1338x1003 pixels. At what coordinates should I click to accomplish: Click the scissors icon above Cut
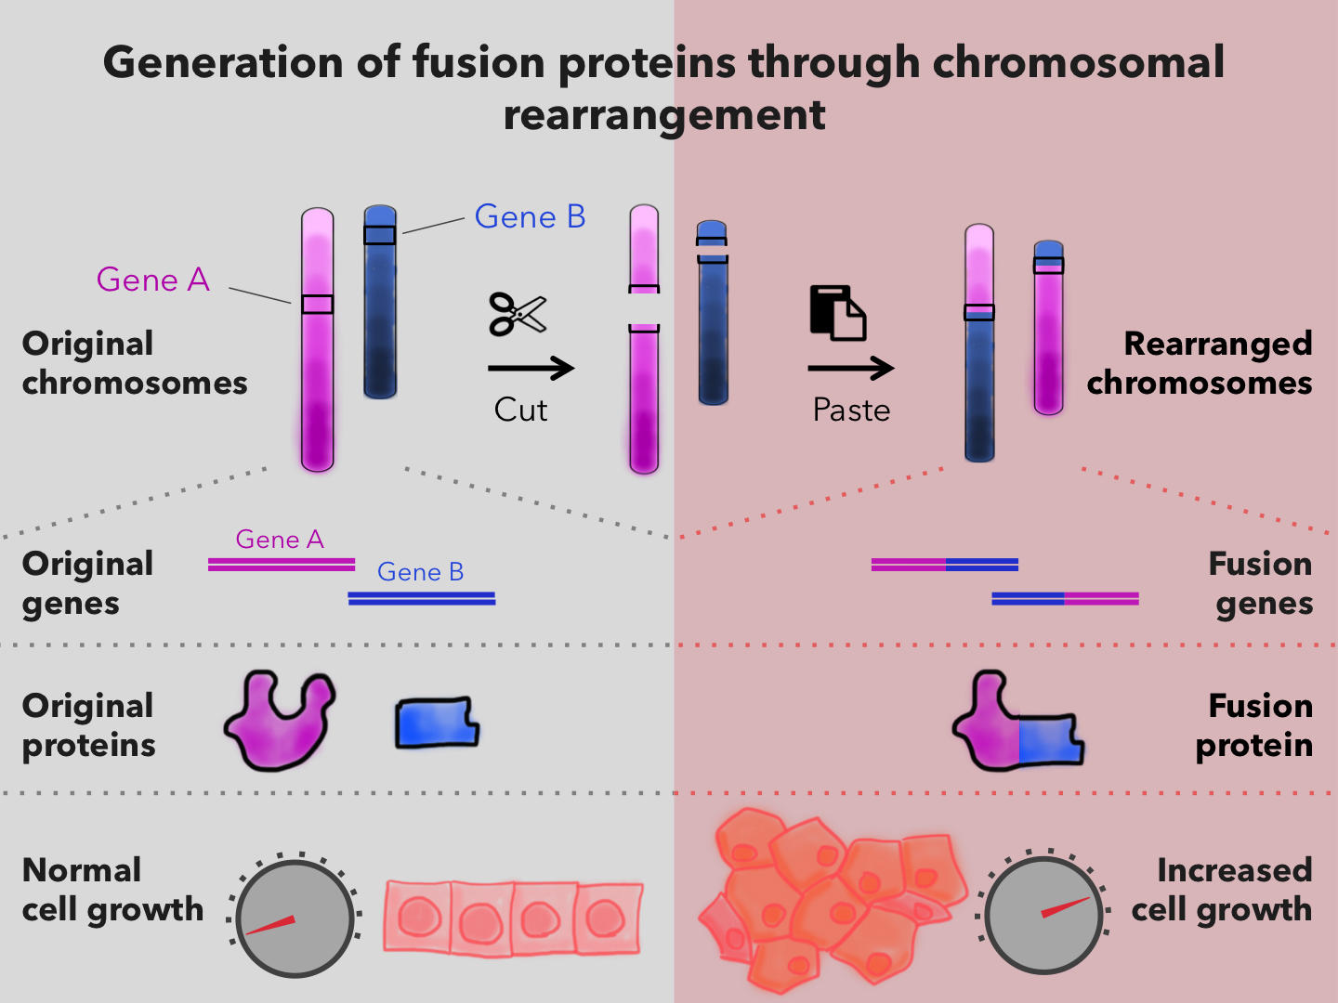coord(518,314)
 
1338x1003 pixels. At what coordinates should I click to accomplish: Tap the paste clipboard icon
coord(838,313)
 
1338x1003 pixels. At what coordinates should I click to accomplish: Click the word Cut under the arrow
coord(520,410)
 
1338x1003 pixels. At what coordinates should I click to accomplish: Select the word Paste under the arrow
coord(851,410)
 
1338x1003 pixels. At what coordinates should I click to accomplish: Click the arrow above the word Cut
coord(531,369)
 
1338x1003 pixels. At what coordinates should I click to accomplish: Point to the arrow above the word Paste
coord(850,369)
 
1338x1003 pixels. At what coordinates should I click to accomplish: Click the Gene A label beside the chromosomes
coord(153,280)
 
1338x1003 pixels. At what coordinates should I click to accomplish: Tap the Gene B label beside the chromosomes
coord(530,216)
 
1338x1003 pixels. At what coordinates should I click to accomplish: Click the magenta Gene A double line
coord(282,564)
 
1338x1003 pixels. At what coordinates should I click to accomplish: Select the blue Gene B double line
coord(422,598)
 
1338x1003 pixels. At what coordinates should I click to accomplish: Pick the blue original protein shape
coord(437,723)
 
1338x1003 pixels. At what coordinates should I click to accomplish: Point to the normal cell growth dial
coord(295,918)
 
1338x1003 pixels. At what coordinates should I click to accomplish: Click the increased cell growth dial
coord(1043,914)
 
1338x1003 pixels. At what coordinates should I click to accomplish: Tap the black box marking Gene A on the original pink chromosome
coord(317,304)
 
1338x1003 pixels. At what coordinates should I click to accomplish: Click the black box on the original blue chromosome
coord(379,235)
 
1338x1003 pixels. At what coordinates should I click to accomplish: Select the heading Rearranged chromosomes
coord(1200,363)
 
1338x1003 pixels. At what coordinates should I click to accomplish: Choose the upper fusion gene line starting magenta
coord(944,564)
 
